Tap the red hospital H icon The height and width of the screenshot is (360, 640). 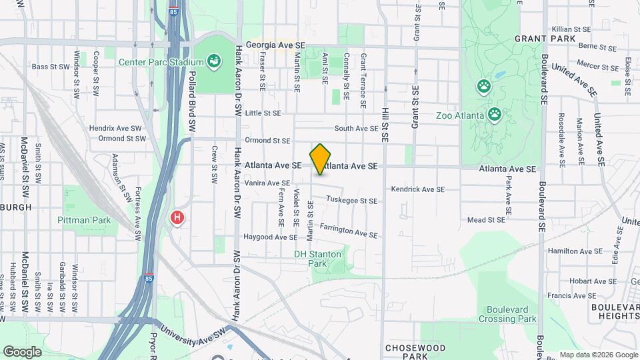177,217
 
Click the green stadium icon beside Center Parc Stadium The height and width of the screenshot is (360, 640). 214,63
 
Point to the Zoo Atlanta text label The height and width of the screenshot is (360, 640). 459,115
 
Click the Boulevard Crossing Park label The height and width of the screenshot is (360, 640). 511,314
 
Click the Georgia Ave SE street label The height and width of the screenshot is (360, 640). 275,45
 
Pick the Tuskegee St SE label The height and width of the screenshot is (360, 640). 353,200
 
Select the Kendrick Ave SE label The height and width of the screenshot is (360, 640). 417,189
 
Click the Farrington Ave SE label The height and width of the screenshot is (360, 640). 349,231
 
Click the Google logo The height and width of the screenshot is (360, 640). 22,351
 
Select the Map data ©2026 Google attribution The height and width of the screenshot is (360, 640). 599,355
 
